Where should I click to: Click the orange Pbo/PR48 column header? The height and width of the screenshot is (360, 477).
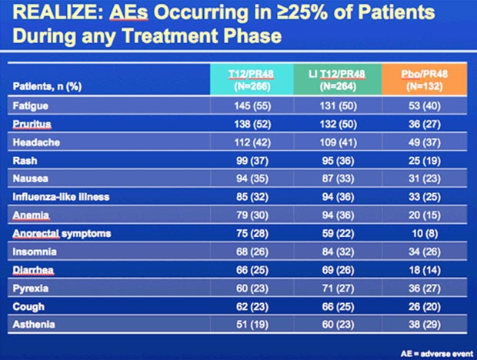click(425, 80)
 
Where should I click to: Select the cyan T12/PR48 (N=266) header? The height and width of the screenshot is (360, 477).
click(252, 80)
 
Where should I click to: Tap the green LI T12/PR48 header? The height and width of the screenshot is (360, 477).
click(338, 80)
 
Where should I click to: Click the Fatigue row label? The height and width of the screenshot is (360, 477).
click(31, 106)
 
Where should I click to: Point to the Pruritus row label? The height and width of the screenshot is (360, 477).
click(32, 124)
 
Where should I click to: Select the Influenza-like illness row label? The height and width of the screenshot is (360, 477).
click(61, 197)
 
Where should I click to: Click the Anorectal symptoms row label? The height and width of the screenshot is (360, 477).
click(62, 234)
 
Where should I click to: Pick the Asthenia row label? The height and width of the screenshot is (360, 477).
click(34, 325)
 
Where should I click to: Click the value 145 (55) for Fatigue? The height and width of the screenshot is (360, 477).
click(252, 106)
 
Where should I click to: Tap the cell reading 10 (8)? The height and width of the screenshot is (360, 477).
click(425, 234)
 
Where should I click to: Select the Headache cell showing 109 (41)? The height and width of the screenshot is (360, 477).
click(338, 142)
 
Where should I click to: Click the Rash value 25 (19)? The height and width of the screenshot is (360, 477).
click(425, 161)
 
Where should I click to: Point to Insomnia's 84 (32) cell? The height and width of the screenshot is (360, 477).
click(338, 252)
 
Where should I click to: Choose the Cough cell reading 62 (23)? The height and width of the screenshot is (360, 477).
click(252, 306)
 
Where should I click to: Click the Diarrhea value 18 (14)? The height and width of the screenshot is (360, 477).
click(425, 270)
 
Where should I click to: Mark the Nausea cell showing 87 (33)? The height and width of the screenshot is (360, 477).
click(338, 178)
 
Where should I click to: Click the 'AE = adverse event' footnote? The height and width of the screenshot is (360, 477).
click(437, 354)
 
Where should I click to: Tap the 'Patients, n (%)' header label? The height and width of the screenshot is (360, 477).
click(47, 87)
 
